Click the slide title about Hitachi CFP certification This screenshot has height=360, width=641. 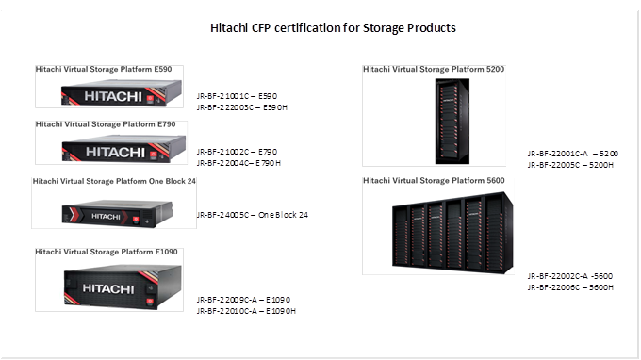(x=333, y=28)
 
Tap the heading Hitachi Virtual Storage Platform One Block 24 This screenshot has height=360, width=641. (x=114, y=180)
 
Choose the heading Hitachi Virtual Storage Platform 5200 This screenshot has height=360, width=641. (x=435, y=69)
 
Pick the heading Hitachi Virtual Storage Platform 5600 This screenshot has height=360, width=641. (x=435, y=180)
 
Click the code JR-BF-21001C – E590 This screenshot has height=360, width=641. (x=237, y=97)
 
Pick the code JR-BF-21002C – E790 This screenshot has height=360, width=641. (x=237, y=152)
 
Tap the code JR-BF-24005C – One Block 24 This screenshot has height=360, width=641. (x=253, y=215)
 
